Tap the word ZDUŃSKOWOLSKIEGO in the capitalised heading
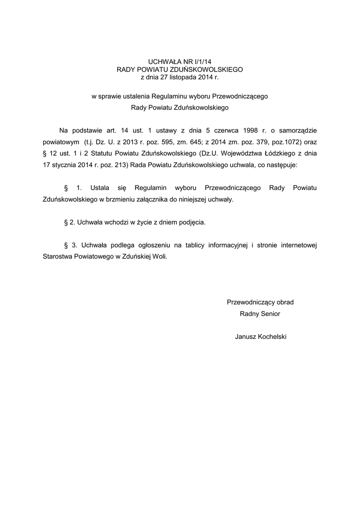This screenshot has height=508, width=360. pos(207,70)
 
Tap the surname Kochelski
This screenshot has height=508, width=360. pos(271,337)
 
